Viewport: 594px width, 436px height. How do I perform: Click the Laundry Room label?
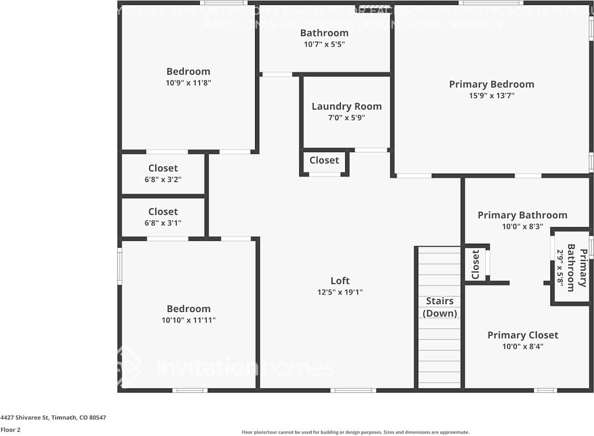346,106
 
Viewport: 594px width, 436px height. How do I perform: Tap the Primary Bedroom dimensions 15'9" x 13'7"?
491,96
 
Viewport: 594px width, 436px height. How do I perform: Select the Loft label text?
340,281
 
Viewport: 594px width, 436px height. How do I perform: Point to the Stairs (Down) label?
439,307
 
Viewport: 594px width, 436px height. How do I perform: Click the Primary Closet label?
523,335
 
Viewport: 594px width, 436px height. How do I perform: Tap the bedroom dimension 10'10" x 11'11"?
189,320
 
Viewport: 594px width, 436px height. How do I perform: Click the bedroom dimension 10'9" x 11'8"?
188,83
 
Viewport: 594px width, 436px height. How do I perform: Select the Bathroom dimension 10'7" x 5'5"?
324,44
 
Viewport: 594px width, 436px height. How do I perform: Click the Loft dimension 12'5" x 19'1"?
340,292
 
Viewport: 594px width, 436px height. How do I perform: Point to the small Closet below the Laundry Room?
324,160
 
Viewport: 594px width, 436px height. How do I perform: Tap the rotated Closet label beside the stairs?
475,264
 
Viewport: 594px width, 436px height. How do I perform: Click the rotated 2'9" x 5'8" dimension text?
560,268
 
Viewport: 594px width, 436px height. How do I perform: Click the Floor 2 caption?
10,430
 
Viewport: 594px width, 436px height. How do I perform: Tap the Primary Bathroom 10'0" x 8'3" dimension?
522,227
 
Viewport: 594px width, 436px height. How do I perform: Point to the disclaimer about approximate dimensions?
356,432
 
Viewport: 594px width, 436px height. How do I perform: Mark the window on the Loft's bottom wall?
353,390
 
